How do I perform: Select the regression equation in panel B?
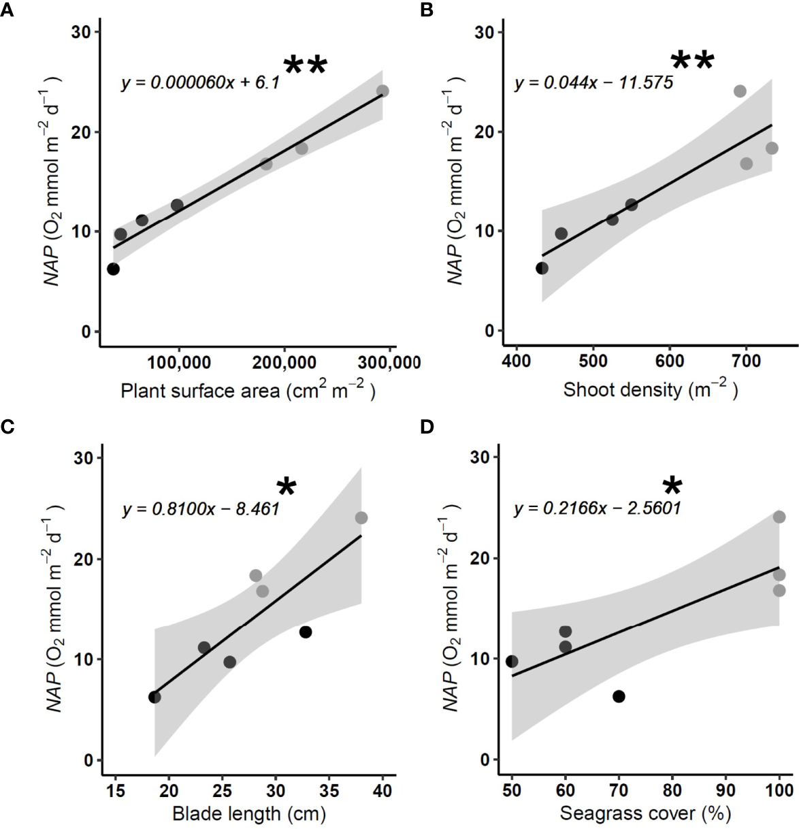point(593,83)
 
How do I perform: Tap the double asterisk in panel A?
point(305,66)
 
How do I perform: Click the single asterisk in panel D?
point(672,486)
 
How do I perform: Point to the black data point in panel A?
point(113,269)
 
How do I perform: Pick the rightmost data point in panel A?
point(382,91)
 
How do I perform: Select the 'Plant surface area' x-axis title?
point(248,391)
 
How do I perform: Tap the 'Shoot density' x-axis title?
point(650,389)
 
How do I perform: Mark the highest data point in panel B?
point(740,91)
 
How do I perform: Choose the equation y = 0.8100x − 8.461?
point(201,508)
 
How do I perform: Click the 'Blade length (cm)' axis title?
point(248,813)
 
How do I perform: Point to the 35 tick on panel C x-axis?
point(329,790)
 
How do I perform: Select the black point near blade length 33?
point(306,632)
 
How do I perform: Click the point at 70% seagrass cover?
point(619,696)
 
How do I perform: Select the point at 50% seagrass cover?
point(512,662)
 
